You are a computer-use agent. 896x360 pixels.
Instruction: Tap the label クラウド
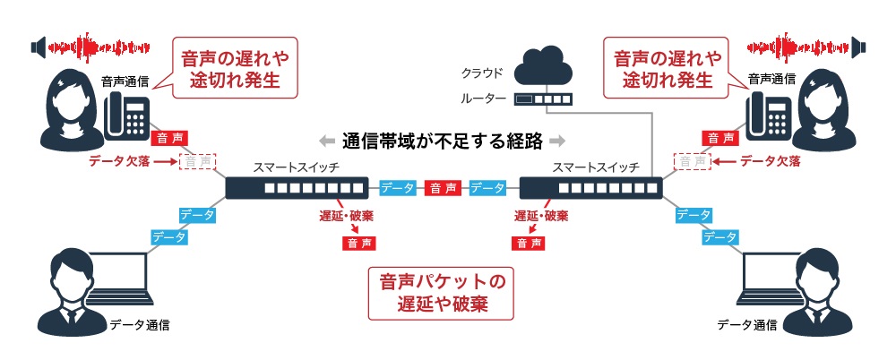483,73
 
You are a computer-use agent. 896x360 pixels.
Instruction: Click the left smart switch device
297,188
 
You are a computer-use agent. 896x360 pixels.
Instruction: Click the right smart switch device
590,188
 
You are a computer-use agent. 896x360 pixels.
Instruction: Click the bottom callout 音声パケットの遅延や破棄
444,293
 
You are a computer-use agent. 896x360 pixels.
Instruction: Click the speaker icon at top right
859,45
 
